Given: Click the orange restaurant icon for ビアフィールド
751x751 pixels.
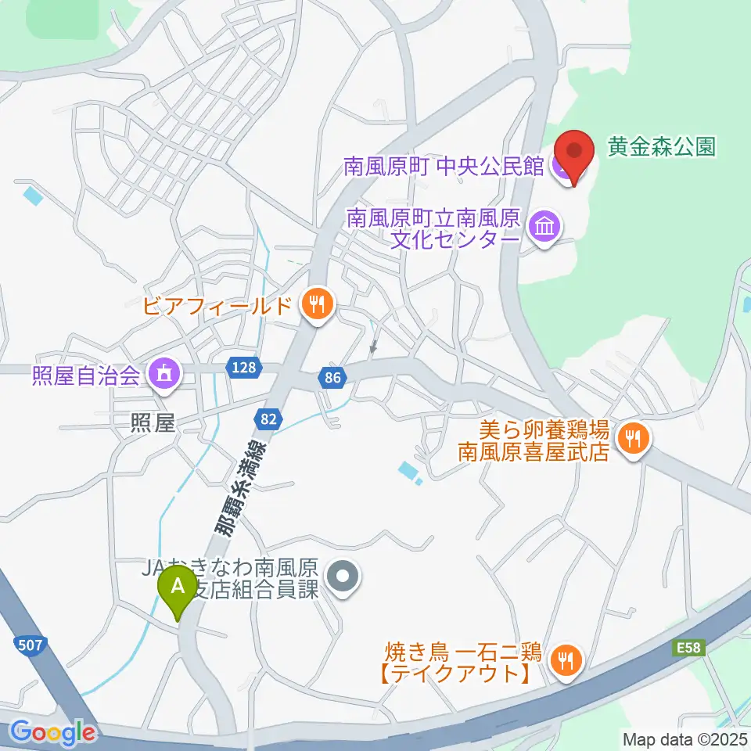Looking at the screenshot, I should pos(317,305).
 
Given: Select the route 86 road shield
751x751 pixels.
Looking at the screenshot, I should pos(332,379).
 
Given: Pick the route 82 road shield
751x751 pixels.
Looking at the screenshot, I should pos(268,419).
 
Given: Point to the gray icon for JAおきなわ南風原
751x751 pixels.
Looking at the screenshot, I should pos(341,580).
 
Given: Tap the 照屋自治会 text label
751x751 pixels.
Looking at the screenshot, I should pos(86,376).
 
